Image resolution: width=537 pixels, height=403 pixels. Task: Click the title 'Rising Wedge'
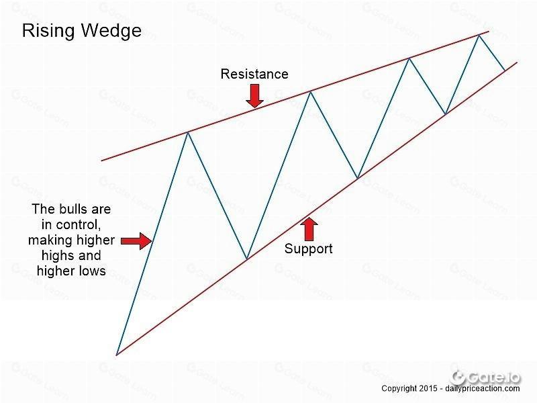(x=82, y=31)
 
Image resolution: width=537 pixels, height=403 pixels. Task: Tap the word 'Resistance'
(x=254, y=74)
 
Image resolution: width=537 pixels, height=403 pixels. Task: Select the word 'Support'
(x=308, y=249)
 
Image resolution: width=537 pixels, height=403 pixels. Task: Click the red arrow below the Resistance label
(x=254, y=96)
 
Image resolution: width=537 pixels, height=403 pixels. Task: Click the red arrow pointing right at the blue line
(x=136, y=241)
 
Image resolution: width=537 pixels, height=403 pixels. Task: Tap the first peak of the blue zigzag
(x=188, y=132)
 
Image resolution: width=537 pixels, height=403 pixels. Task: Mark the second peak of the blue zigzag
(x=310, y=91)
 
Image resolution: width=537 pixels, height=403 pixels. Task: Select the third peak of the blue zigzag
(x=409, y=58)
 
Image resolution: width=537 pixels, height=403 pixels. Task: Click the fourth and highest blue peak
(x=479, y=35)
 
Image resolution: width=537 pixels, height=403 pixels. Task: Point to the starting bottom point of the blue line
(x=117, y=355)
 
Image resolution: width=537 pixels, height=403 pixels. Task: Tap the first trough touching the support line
(x=246, y=259)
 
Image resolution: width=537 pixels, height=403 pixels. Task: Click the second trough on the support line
(x=357, y=178)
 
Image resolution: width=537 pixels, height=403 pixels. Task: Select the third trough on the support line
(x=445, y=114)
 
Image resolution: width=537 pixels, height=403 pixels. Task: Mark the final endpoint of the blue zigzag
(x=505, y=71)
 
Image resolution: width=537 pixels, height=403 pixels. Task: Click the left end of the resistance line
(x=102, y=160)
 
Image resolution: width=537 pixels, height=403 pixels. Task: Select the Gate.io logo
(x=485, y=377)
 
